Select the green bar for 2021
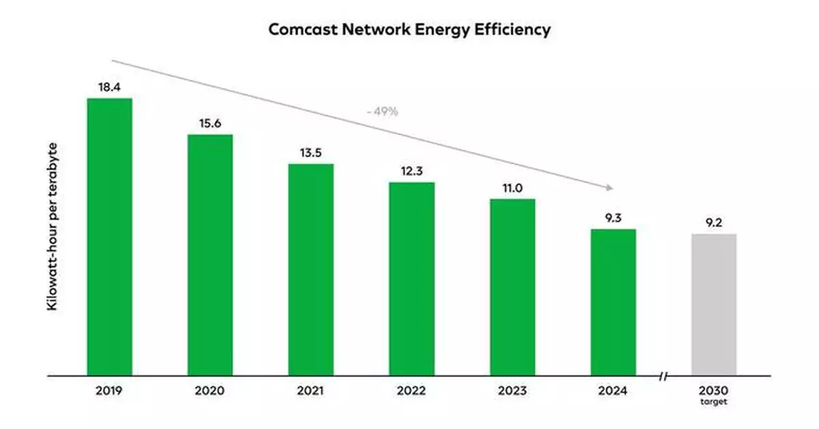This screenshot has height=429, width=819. click(311, 269)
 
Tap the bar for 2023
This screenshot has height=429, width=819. click(512, 287)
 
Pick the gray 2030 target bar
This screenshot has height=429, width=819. click(714, 305)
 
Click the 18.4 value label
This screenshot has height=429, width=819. click(109, 87)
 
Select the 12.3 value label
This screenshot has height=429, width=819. click(412, 171)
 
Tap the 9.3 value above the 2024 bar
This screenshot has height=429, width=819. click(613, 218)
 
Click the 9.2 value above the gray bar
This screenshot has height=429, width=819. click(714, 222)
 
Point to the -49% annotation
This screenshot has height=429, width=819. click(382, 111)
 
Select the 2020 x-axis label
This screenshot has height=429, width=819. click(210, 391)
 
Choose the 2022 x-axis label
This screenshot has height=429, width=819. click(412, 391)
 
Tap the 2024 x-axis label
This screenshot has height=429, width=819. click(613, 391)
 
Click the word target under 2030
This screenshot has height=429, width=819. click(714, 402)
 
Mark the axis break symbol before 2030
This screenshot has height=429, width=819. click(663, 376)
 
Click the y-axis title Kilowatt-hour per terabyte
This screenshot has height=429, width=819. click(52, 227)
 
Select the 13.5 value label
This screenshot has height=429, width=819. click(311, 153)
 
